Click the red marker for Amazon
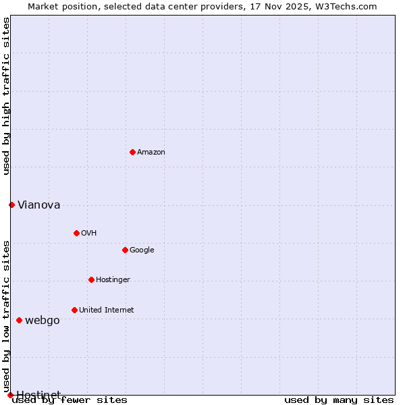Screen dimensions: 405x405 pyautogui.click(x=132, y=152)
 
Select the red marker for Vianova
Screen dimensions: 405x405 pyautogui.click(x=11, y=205)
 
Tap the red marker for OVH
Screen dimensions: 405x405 pyautogui.click(x=76, y=233)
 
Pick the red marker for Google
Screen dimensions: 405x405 pyautogui.click(x=125, y=250)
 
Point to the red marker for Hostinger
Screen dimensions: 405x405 pyautogui.click(x=91, y=279)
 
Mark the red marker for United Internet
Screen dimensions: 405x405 pyautogui.click(x=74, y=310)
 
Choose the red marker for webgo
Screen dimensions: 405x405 pyautogui.click(x=19, y=320)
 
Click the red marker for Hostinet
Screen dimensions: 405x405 pyautogui.click(x=10, y=395)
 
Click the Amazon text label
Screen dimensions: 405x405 pyautogui.click(x=151, y=153)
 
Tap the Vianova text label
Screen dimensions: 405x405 pyautogui.click(x=38, y=205)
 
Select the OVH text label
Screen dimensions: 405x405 pyautogui.click(x=88, y=234)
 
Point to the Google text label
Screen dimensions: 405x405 pyautogui.click(x=142, y=250)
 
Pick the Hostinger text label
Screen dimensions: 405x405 pyautogui.click(x=113, y=280)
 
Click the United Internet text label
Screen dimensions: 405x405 pyautogui.click(x=106, y=310)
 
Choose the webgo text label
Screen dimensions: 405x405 pyautogui.click(x=42, y=321)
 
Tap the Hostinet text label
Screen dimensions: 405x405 pyautogui.click(x=38, y=395)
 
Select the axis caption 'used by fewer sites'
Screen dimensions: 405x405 pyautogui.click(x=70, y=400)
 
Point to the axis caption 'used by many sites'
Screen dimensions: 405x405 pyautogui.click(x=339, y=400)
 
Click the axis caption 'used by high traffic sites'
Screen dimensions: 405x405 pyautogui.click(x=7, y=96)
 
